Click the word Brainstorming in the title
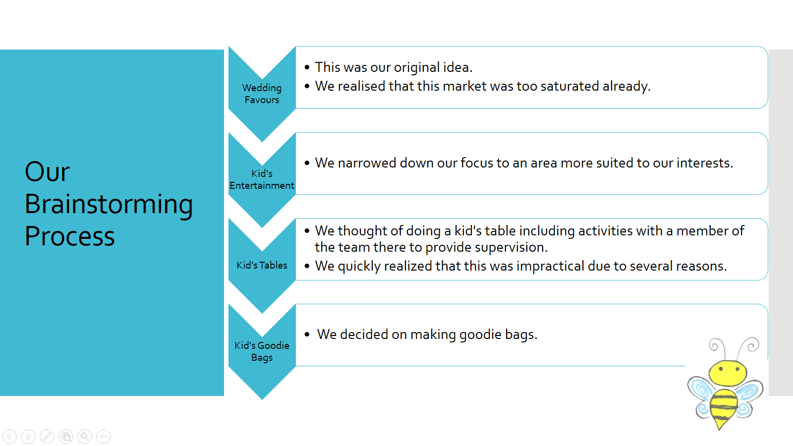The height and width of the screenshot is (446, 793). point(109,205)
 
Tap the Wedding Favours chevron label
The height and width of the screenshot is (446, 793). point(262,94)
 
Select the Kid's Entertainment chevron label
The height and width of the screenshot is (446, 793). point(262,179)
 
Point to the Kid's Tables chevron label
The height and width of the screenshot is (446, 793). point(262,265)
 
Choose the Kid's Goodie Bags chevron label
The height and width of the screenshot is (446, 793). point(262,351)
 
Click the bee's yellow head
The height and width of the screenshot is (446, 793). point(728,373)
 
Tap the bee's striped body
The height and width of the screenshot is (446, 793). point(723,406)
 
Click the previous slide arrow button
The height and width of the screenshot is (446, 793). point(9,437)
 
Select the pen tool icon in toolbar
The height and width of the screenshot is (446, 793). point(47,437)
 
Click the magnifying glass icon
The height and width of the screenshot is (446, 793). point(85,437)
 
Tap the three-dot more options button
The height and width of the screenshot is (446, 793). point(104,437)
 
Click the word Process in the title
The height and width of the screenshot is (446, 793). point(70,236)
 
